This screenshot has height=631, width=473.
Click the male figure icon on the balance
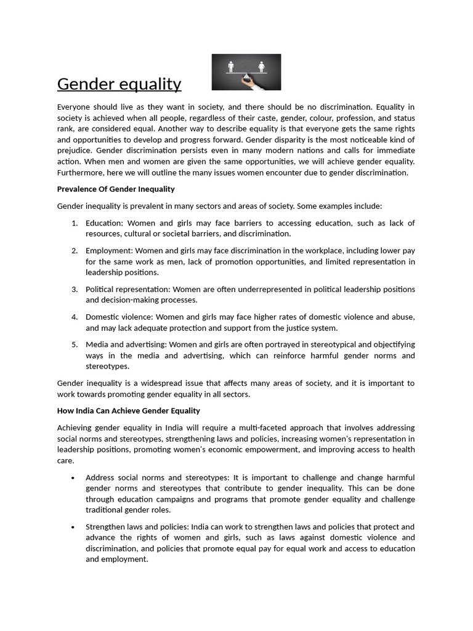pyautogui.click(x=232, y=65)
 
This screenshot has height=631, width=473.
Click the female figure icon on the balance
pyautogui.click(x=261, y=65)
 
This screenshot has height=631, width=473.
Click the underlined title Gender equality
pyautogui.click(x=119, y=84)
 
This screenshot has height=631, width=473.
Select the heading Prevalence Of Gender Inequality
pyautogui.click(x=116, y=189)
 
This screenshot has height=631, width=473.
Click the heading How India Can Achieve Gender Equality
pyautogui.click(x=128, y=410)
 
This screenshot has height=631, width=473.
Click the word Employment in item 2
pyautogui.click(x=108, y=251)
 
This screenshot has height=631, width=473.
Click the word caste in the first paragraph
pyautogui.click(x=280, y=118)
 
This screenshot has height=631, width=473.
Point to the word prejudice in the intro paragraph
pyautogui.click(x=75, y=151)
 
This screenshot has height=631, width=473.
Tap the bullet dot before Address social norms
pyautogui.click(x=73, y=478)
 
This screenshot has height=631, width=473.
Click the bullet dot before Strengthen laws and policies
pyautogui.click(x=73, y=527)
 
